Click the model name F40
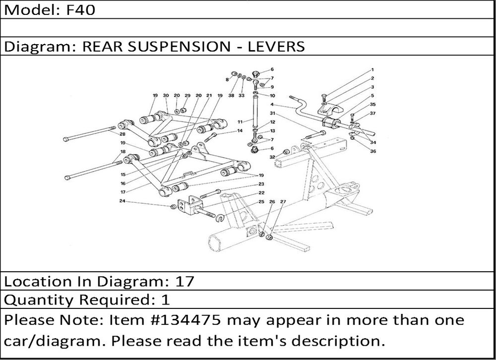81,10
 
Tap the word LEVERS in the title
276,47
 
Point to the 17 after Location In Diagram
185,282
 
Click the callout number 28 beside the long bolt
123,134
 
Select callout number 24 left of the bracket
123,201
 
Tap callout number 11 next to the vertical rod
240,122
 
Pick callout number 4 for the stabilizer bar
272,105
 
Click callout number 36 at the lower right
373,151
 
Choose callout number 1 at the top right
372,69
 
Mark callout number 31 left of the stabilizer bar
272,113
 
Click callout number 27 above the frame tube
283,201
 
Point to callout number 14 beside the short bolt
240,130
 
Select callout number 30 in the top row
166,96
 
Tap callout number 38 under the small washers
231,96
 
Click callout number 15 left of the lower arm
123,175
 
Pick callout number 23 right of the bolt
261,184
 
